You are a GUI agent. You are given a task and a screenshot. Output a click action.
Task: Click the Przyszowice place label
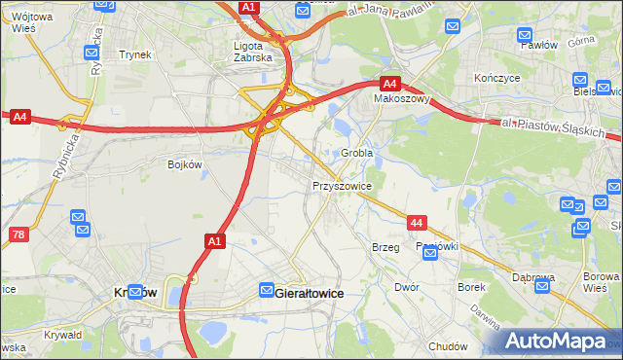(x=342, y=185)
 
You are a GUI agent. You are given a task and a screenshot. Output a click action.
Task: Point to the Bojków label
(x=184, y=164)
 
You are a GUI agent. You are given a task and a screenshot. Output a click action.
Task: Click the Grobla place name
(x=357, y=153)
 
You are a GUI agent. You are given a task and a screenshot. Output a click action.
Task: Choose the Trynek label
(x=135, y=54)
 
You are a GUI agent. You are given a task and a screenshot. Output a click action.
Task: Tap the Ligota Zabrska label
(x=256, y=51)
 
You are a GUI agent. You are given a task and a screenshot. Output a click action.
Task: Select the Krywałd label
(x=62, y=335)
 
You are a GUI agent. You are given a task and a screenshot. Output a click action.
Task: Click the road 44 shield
(x=417, y=224)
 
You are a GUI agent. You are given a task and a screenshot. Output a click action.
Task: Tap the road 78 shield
(x=18, y=234)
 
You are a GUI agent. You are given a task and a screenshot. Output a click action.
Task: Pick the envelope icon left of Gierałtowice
(x=267, y=290)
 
